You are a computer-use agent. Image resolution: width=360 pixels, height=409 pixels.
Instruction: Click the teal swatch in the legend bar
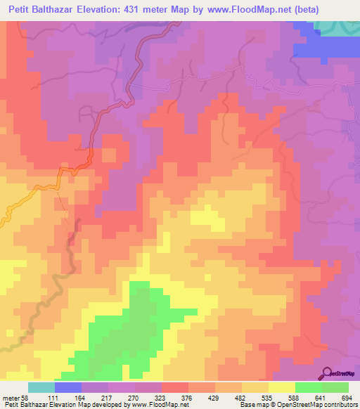pyautogui.click(x=41, y=387)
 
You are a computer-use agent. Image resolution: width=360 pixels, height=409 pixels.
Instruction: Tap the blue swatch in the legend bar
pyautogui.click(x=68, y=387)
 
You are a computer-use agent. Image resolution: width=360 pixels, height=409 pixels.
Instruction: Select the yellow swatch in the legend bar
pyautogui.click(x=281, y=387)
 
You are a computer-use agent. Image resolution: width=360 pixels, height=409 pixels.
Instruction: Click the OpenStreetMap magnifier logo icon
pyautogui.click(x=328, y=373)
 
